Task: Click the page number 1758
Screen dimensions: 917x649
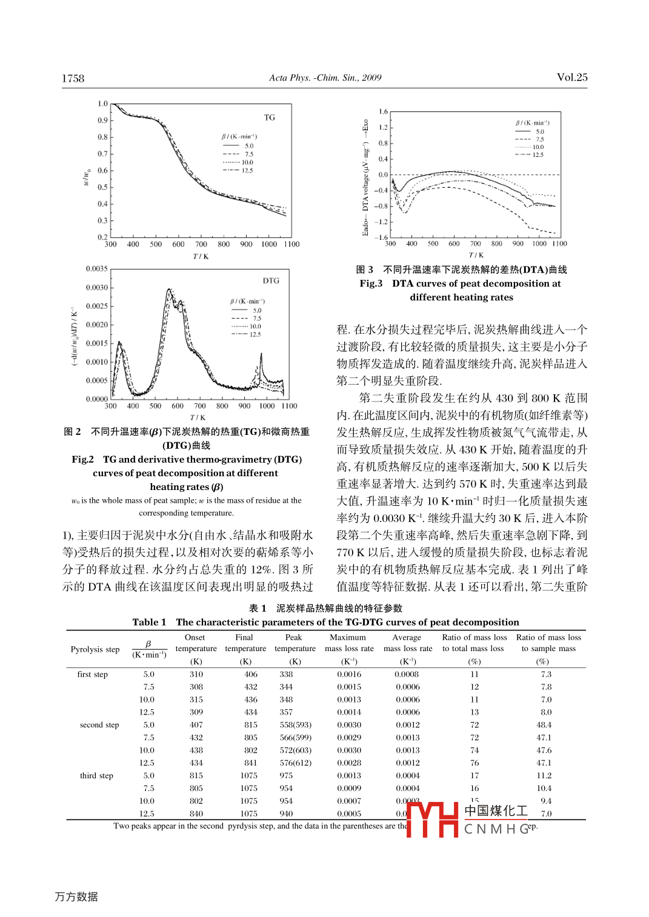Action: point(73,78)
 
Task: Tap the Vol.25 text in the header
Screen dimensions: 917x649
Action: point(571,77)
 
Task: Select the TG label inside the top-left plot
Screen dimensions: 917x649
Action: point(270,118)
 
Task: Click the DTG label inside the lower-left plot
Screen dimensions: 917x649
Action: point(271,280)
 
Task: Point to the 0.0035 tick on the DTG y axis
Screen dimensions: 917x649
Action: point(97,268)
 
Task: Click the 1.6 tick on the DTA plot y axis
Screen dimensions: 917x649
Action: point(383,111)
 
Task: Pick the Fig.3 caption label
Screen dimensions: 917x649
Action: point(371,283)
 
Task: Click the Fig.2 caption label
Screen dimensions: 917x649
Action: point(82,459)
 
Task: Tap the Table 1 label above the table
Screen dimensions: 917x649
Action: point(149,622)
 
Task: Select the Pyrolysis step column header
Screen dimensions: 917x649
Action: point(95,649)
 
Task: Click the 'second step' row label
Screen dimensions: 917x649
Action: point(99,725)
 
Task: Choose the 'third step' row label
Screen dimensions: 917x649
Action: point(96,776)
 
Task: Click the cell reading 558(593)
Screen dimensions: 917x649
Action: point(296,725)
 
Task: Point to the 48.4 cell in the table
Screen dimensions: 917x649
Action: point(544,725)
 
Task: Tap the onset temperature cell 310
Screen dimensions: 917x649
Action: point(196,674)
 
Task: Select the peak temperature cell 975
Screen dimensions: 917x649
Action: point(286,776)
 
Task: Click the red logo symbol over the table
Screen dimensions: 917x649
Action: point(431,819)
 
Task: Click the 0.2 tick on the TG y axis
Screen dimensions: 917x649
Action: point(102,237)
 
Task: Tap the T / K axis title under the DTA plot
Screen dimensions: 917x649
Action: point(476,255)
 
